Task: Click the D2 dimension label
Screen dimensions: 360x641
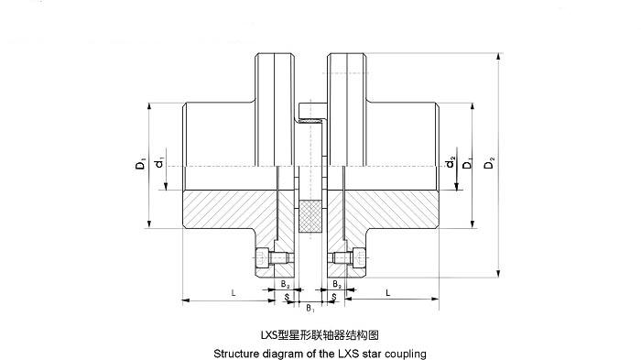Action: pyautogui.click(x=491, y=163)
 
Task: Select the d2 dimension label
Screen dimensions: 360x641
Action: pyautogui.click(x=451, y=163)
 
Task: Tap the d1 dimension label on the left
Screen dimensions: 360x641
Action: pyautogui.click(x=159, y=163)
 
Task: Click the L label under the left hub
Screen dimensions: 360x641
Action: pyautogui.click(x=234, y=293)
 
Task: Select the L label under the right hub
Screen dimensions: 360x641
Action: pyautogui.click(x=389, y=293)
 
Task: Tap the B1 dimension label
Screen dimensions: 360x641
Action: pyautogui.click(x=311, y=308)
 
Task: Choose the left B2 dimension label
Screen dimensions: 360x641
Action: pyautogui.click(x=285, y=285)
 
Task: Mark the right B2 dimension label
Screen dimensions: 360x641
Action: pyautogui.click(x=338, y=285)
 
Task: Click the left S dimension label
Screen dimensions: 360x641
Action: pyautogui.click(x=288, y=297)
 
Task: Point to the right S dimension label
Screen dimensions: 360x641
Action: pyautogui.click(x=335, y=297)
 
